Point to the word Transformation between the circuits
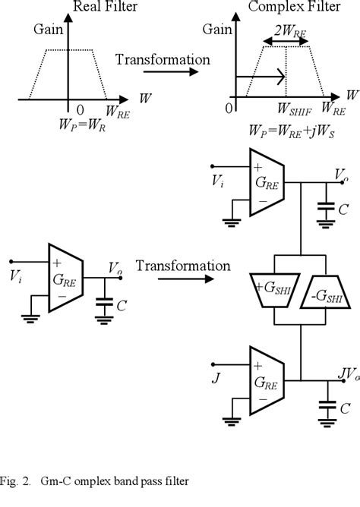(x=183, y=266)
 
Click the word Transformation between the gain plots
(x=164, y=58)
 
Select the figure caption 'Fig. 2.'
(x=19, y=480)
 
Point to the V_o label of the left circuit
(x=113, y=269)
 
